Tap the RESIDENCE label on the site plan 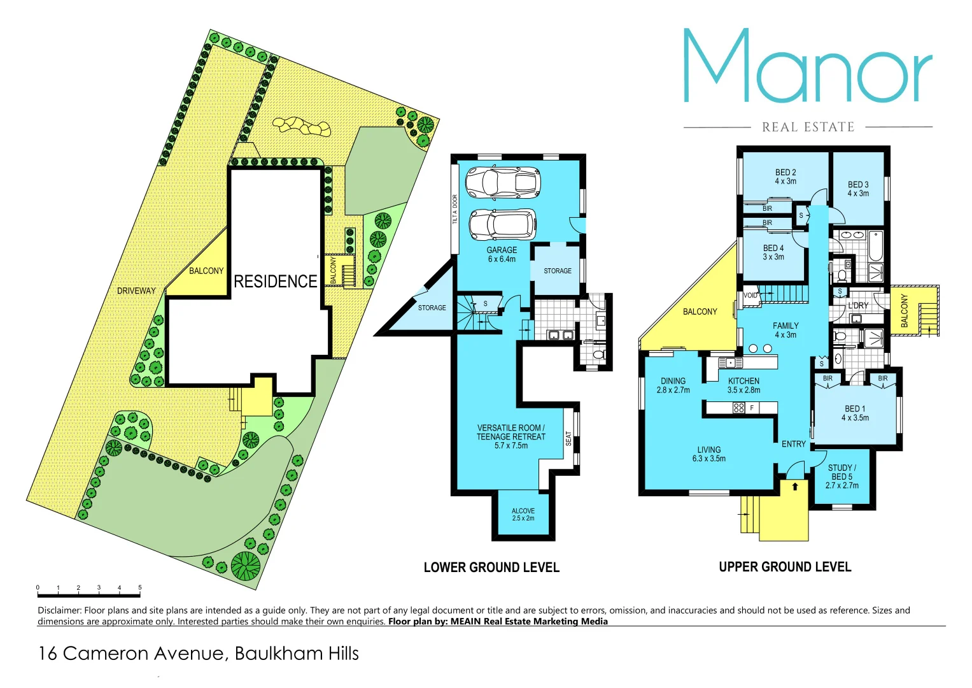275,281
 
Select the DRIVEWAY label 136,290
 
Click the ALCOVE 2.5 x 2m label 523,514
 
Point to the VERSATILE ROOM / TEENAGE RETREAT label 511,436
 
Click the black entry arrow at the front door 795,486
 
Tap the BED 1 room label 855,413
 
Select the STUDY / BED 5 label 842,476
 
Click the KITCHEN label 743,385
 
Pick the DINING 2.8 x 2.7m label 673,385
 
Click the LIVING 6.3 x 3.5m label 708,454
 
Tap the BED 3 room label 858,189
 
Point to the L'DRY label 858,305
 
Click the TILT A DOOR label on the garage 454,209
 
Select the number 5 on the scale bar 139,587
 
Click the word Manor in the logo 807,67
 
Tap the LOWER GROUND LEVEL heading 491,567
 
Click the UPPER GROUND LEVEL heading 785,566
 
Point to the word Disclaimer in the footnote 59,610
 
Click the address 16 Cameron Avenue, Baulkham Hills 199,653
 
